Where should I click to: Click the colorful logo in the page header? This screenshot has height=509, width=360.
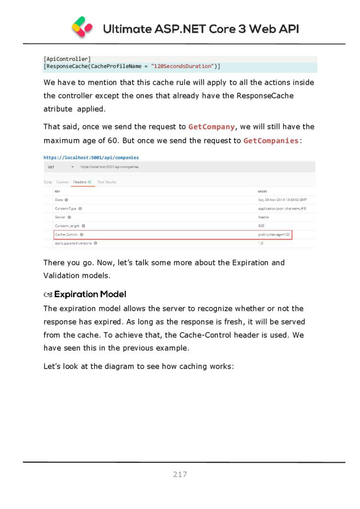pos(82,27)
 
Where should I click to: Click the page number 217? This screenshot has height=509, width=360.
pos(180,475)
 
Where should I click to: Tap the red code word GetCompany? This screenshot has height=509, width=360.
pos(211,127)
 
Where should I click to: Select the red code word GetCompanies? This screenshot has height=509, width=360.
pos(271,141)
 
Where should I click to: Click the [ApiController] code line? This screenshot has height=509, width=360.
pos(67,59)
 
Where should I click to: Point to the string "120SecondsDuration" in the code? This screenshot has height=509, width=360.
pos(182,66)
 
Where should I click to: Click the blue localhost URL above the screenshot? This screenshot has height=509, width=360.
pos(91,158)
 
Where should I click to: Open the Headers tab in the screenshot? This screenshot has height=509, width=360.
pos(82,182)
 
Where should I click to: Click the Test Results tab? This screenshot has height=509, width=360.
pos(106,182)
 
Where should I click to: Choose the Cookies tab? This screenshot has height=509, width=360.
pos(63,182)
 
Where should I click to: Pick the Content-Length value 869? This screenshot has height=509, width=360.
pos(261,226)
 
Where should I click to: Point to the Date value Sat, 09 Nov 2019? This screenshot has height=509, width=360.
pos(282,200)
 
